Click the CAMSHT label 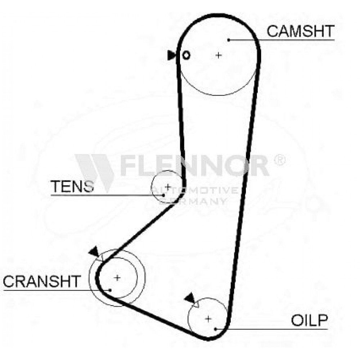pyautogui.click(x=300, y=31)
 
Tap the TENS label pyautogui.click(x=72, y=186)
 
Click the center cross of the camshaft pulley pyautogui.click(x=219, y=55)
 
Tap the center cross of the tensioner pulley pyautogui.click(x=168, y=186)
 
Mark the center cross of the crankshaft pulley pyautogui.click(x=117, y=278)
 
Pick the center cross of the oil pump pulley pyautogui.click(x=208, y=319)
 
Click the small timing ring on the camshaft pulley pyautogui.click(x=186, y=55)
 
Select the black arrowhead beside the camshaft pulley pyautogui.click(x=171, y=55)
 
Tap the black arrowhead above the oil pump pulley pyautogui.click(x=190, y=298)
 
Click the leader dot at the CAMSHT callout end pyautogui.click(x=229, y=40)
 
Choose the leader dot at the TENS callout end pyautogui.click(x=163, y=195)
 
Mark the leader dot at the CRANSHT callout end pyautogui.click(x=110, y=290)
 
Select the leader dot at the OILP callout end pyautogui.click(x=215, y=329)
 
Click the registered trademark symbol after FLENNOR pyautogui.click(x=280, y=160)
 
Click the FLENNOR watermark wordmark pyautogui.click(x=195, y=165)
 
